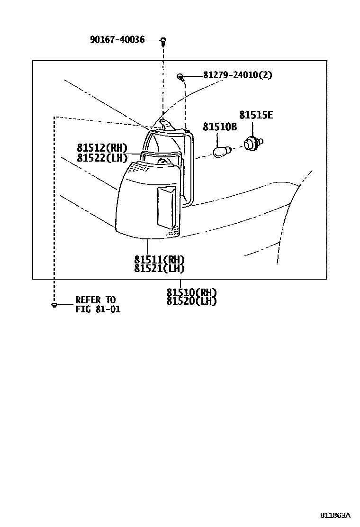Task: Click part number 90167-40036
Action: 117,40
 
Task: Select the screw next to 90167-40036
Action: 163,41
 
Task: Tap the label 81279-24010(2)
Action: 237,75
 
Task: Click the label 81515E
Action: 256,115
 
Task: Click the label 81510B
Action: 220,127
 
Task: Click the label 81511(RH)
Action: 159,260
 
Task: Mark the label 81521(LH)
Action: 159,268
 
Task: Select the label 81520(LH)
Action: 191,301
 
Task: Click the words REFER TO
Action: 95,300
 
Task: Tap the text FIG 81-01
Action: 98,309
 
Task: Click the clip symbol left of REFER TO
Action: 54,305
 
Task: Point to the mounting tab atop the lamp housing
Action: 163,123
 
